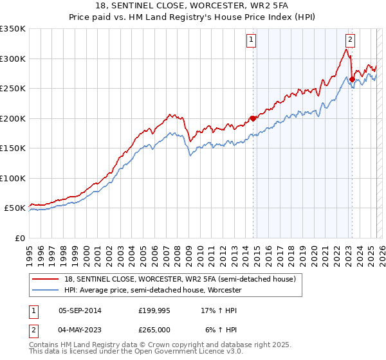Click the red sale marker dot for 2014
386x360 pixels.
pos(253,118)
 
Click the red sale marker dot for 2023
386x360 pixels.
pos(352,80)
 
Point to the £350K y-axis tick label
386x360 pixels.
pos(13,29)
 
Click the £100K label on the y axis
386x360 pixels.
pos(13,178)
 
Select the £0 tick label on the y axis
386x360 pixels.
pos(19,238)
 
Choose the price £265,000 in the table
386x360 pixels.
pos(154,328)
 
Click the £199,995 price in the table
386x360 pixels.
pos(154,310)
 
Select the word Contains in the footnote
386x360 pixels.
pos(45,346)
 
